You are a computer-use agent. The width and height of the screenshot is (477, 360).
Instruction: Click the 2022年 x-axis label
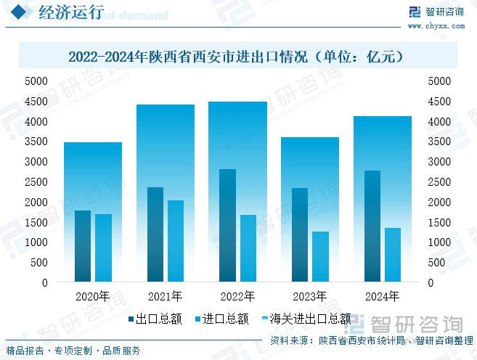click(x=237, y=296)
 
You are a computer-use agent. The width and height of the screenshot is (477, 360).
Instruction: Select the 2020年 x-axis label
click(x=92, y=296)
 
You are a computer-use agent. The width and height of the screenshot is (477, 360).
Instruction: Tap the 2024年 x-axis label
click(x=382, y=296)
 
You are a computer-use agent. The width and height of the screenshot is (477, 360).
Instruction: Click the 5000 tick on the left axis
click(x=36, y=81)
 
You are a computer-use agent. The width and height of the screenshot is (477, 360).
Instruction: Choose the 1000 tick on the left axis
click(x=36, y=242)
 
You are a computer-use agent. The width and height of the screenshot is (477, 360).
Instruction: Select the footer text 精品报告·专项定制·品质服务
click(x=74, y=351)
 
